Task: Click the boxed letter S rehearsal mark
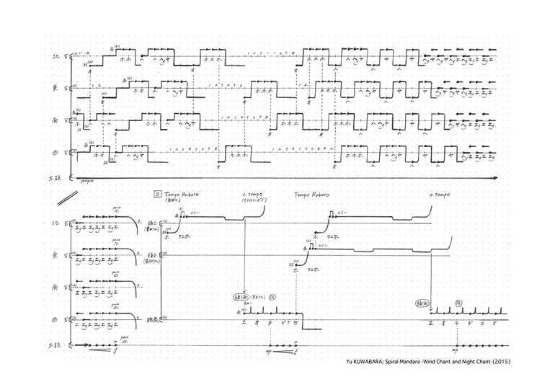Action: tap(157, 195)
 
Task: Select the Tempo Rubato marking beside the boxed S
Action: tap(181, 195)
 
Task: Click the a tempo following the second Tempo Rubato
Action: tap(439, 195)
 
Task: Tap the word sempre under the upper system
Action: tap(89, 182)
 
